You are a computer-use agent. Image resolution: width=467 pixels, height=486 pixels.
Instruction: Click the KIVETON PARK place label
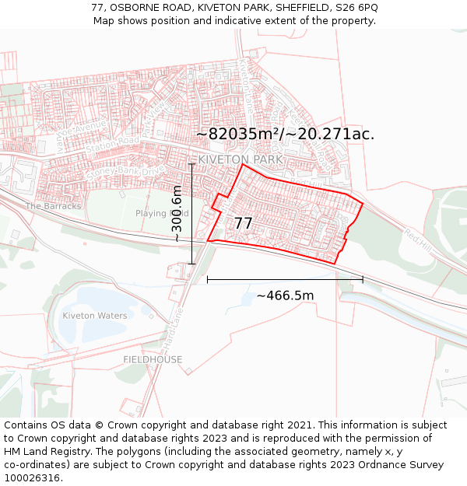pos(241,159)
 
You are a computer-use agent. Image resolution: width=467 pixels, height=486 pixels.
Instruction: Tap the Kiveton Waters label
pos(94,316)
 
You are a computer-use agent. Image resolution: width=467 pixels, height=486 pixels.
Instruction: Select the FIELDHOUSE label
pos(153,359)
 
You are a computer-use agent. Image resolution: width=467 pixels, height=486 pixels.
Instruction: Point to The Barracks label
pos(53,206)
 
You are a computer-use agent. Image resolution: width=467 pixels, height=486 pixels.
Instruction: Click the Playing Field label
pos(162,213)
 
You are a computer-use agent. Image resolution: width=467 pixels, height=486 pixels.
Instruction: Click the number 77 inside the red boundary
pos(243,223)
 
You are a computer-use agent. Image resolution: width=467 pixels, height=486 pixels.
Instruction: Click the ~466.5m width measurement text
pos(285,295)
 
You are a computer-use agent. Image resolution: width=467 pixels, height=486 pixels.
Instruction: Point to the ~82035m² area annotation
pos(284,134)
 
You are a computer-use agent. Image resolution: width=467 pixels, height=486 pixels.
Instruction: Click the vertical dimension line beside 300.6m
pos(191,214)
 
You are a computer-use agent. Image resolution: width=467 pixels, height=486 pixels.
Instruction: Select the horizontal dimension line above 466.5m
pos(285,279)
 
